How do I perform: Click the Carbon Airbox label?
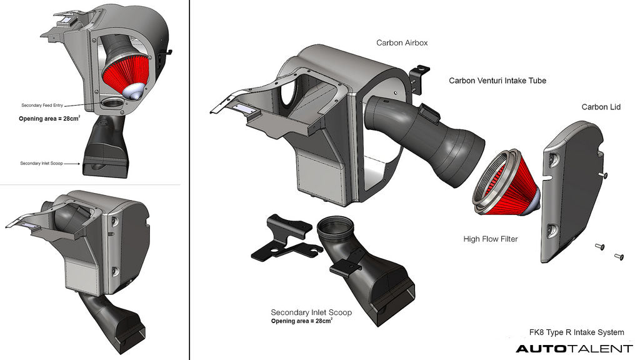click(402, 43)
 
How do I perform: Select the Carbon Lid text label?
click(601, 107)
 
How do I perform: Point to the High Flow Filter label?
click(491, 239)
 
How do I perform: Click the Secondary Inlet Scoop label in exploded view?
click(311, 312)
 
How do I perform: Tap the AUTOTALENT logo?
click(574, 349)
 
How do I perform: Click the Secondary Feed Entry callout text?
click(42, 106)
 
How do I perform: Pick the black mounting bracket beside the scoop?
click(284, 238)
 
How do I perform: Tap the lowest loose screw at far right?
click(620, 255)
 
